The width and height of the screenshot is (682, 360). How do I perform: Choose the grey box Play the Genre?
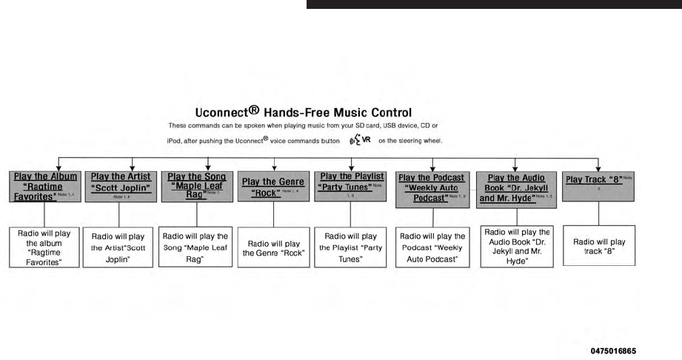[273, 187]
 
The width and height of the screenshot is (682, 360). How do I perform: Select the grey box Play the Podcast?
[432, 188]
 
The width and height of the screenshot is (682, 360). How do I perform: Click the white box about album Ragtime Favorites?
[44, 247]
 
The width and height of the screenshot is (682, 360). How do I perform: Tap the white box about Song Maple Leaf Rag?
[195, 246]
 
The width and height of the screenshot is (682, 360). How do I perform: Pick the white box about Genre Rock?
[273, 247]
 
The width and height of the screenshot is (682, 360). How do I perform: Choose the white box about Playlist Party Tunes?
[350, 247]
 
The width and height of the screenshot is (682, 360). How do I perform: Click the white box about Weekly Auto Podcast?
[432, 247]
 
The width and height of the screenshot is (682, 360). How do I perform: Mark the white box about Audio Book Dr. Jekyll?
[515, 246]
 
